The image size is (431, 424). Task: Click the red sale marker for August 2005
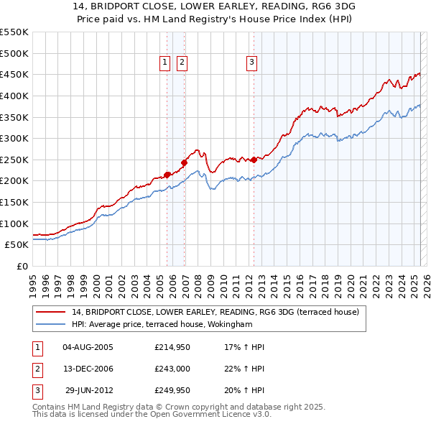tap(167, 174)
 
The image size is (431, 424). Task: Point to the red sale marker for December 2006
tap(185, 162)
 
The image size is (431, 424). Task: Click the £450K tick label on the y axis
tap(14, 74)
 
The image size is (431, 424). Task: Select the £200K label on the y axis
tap(14, 180)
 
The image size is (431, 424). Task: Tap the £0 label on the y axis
tap(22, 266)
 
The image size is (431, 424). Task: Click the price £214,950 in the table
tap(173, 346)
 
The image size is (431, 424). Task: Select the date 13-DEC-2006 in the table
tap(88, 369)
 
